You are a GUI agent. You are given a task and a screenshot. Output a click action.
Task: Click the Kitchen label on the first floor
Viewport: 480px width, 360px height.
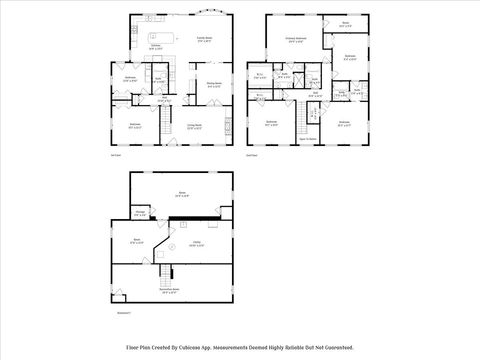pyautogui.click(x=155, y=46)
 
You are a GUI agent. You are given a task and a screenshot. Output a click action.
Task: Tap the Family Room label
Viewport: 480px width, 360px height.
pyautogui.click(x=204, y=40)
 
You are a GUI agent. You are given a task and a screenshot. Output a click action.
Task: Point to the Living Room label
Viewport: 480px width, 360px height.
pyautogui.click(x=196, y=125)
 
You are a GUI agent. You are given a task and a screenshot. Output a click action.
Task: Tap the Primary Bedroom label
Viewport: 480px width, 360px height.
pyautogui.click(x=294, y=40)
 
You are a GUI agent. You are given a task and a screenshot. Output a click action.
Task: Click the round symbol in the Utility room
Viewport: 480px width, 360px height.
pyautogui.click(x=172, y=247)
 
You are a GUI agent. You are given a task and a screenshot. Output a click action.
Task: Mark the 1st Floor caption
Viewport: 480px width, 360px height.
pyautogui.click(x=113, y=156)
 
